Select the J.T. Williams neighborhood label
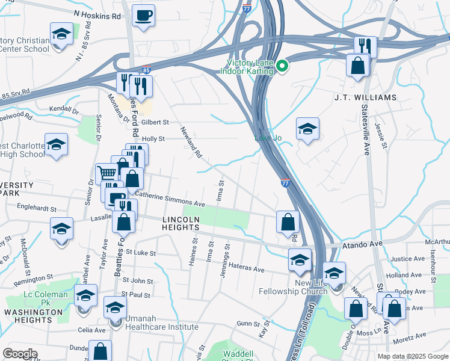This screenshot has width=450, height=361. coord(365,97)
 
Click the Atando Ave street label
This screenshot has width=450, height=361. coord(363,244)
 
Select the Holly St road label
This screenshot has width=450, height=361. coord(153,139)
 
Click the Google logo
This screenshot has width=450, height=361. coord(20,354)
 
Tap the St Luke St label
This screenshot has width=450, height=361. coord(141,253)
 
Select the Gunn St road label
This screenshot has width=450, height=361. coord(247,324)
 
